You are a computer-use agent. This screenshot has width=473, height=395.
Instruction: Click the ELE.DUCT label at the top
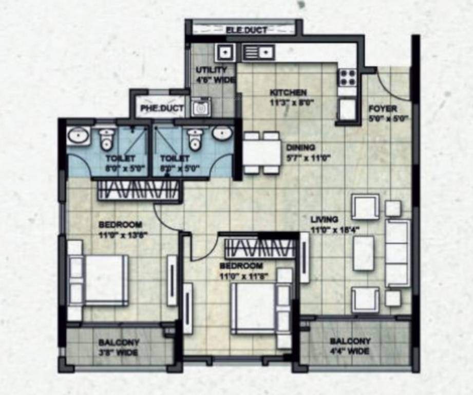(x=246, y=30)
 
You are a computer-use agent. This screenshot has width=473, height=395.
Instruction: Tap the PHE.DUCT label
(x=158, y=109)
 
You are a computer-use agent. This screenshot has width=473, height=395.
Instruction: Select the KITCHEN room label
(x=288, y=93)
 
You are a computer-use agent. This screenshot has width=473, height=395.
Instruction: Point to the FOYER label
(x=383, y=109)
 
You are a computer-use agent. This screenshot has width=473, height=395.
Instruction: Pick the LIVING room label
(x=324, y=220)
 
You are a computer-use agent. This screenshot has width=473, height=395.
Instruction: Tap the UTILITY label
(x=211, y=70)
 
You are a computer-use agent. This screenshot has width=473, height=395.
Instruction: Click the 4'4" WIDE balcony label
(x=350, y=347)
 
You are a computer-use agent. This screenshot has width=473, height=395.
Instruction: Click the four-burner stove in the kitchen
(x=348, y=78)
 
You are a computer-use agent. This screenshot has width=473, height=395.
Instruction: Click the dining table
(x=262, y=153)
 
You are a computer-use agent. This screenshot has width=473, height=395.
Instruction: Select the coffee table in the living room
(x=364, y=253)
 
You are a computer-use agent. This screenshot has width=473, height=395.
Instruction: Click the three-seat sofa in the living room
(x=398, y=253)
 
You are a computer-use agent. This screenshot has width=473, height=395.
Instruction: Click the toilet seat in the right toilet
(x=195, y=138)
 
